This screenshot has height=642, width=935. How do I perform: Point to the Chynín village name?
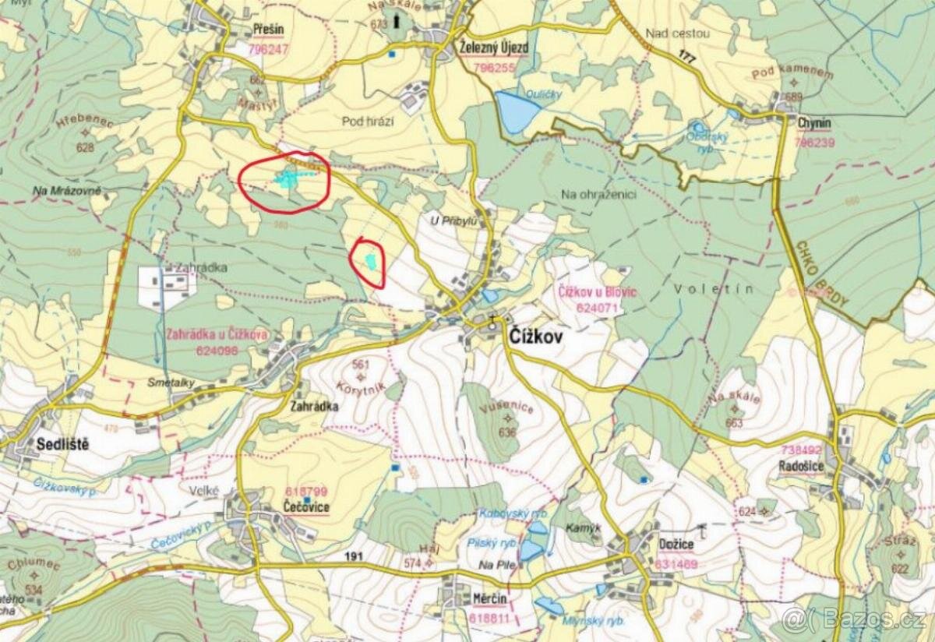point(813,123)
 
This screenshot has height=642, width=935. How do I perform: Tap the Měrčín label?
point(490,599)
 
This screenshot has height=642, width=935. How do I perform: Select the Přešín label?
point(269,30)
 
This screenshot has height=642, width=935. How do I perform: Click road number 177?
point(686,57)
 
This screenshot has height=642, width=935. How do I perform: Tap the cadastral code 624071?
point(597,307)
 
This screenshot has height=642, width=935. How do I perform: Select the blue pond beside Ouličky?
point(514,111)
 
